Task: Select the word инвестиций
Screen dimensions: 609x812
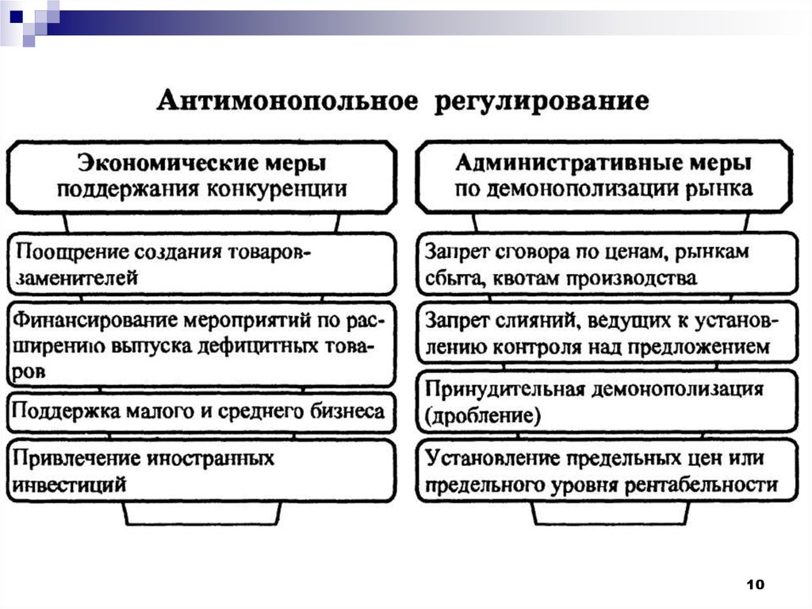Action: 71,484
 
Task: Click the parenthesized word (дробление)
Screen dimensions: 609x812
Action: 484,415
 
